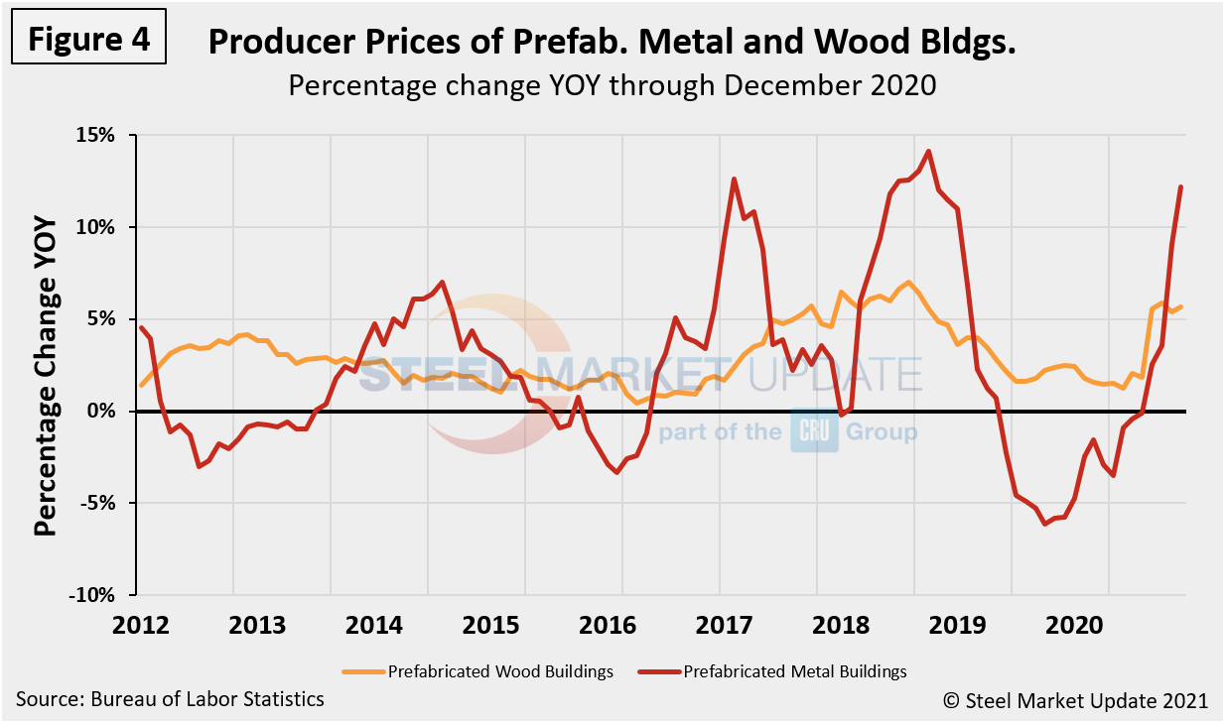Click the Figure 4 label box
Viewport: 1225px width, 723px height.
pyautogui.click(x=88, y=39)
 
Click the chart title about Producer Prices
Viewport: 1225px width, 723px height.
pyautogui.click(x=612, y=43)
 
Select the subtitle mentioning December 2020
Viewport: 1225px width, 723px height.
pyautogui.click(x=612, y=85)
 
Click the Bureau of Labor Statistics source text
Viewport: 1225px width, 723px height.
pyautogui.click(x=170, y=699)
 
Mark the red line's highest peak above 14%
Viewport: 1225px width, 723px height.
pyautogui.click(x=928, y=152)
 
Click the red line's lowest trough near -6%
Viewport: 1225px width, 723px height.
pyautogui.click(x=1044, y=524)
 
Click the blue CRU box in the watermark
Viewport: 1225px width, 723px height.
pyautogui.click(x=814, y=431)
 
